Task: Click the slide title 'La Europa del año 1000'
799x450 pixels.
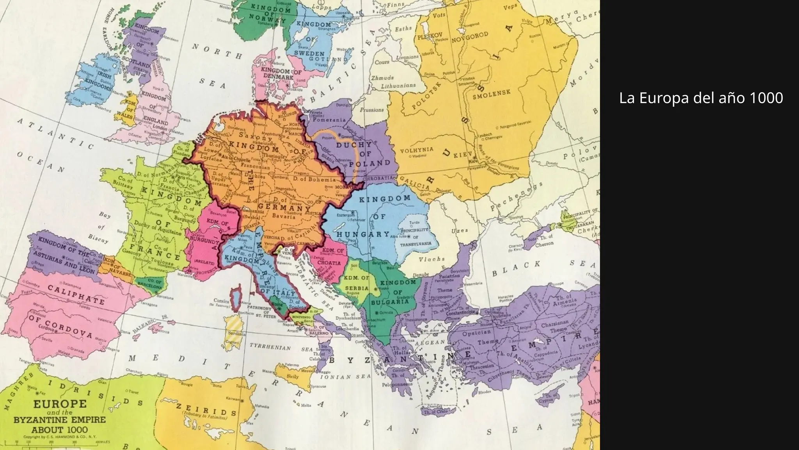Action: tap(701, 98)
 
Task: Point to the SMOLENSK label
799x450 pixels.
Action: tap(492, 94)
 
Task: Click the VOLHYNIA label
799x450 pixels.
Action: tap(417, 150)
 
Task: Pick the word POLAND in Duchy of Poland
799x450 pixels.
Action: tap(370, 163)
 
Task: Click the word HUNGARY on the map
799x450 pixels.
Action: tap(363, 234)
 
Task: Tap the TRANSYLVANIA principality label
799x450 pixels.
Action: tap(416, 243)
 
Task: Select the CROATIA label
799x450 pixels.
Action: tap(329, 263)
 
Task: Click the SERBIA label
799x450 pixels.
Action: tap(357, 288)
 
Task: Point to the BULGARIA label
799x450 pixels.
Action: tap(390, 302)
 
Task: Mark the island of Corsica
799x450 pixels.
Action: tap(235, 298)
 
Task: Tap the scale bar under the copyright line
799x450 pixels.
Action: tap(59, 443)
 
